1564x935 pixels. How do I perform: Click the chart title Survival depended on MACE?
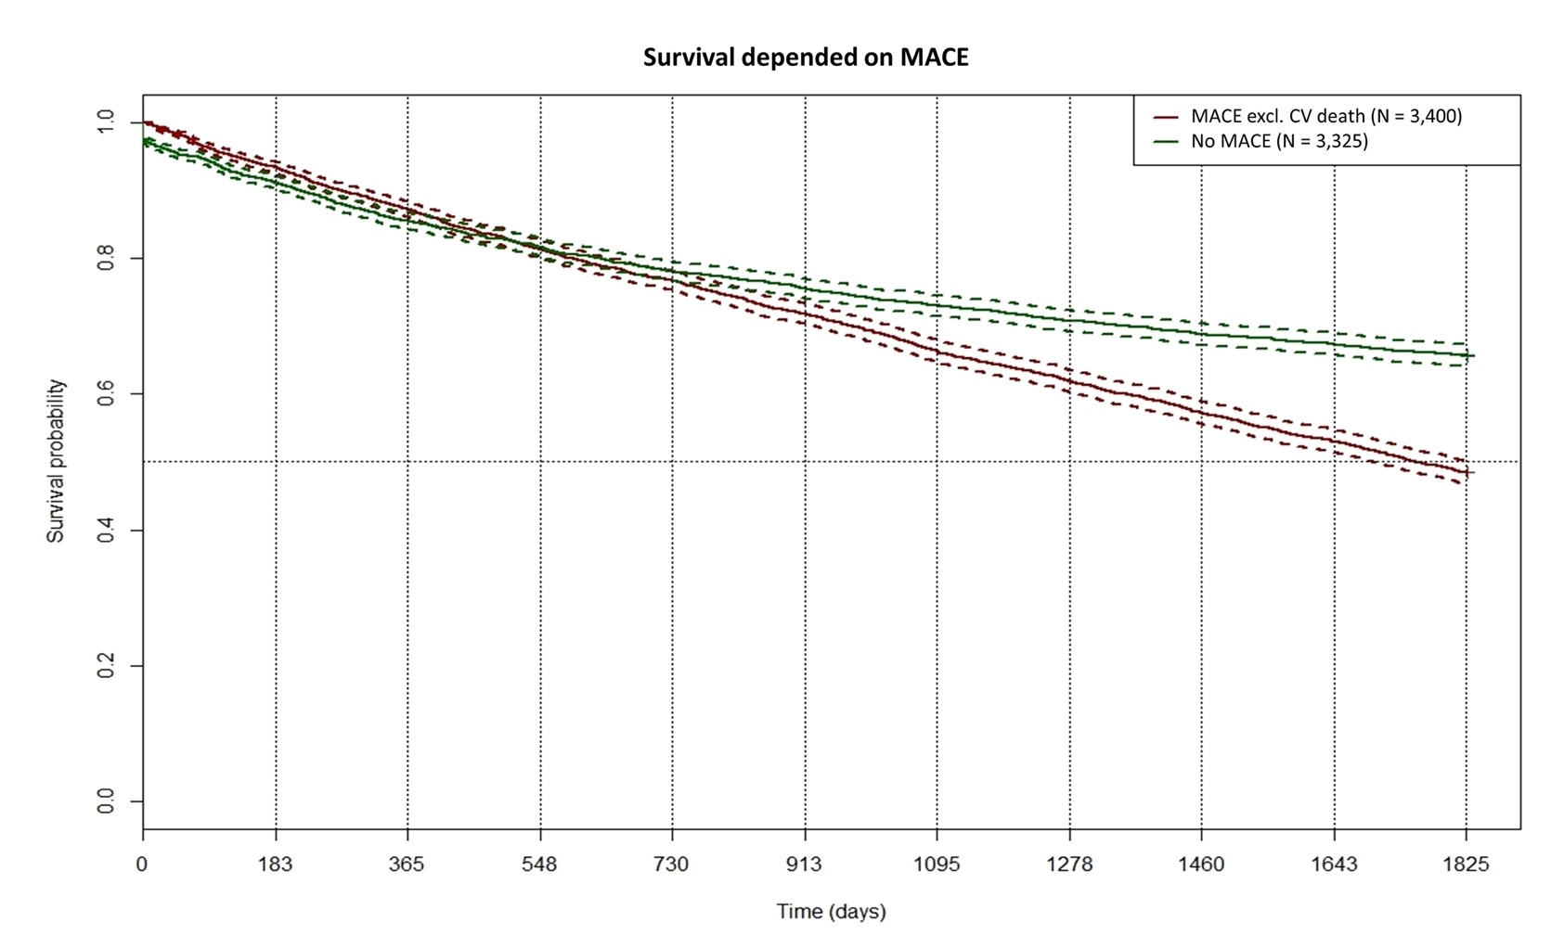(806, 58)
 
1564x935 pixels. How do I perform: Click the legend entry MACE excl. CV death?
(1325, 116)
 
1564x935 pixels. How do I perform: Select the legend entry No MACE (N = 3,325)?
(1279, 141)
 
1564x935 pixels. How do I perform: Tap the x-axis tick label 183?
(275, 865)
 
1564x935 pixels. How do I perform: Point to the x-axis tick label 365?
(407, 865)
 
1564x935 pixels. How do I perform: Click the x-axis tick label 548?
(539, 865)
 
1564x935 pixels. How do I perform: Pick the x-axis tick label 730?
(671, 865)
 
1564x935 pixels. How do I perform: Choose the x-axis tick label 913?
(804, 865)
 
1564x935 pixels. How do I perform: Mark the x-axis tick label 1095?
(936, 865)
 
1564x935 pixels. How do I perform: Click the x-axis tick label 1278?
(1069, 865)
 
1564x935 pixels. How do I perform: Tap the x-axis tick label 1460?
(1201, 865)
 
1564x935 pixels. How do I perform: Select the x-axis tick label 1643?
(1334, 865)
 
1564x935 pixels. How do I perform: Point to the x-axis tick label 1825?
(1466, 865)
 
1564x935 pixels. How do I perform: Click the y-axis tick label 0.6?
(106, 394)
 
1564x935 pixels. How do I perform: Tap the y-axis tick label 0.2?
(106, 666)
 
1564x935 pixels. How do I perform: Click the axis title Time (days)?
(831, 911)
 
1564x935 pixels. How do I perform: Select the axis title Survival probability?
(57, 461)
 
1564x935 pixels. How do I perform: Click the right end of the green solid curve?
(1472, 355)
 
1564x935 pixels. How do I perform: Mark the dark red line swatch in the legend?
(1166, 117)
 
